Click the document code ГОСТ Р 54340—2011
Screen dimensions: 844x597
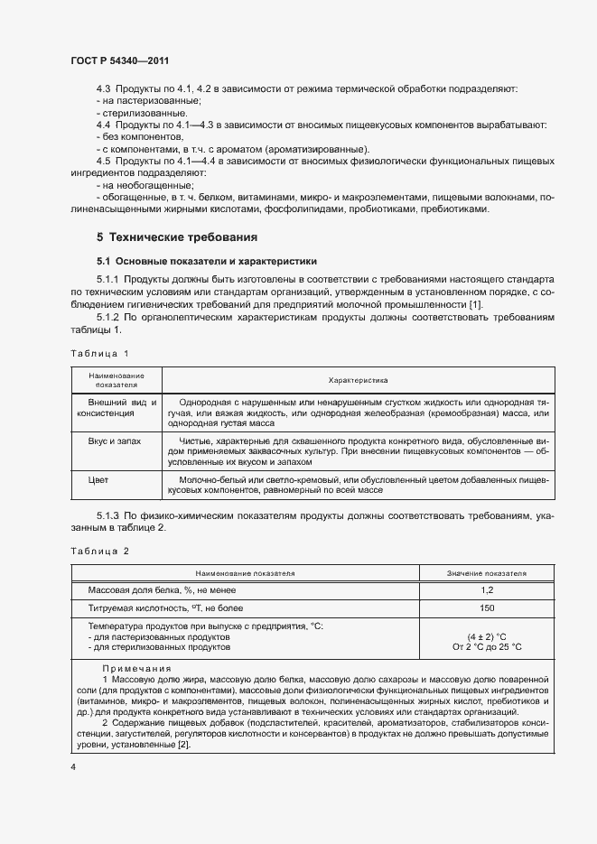tap(119, 60)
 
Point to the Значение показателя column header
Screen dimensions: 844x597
tap(487, 573)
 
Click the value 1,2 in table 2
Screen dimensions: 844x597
tap(487, 589)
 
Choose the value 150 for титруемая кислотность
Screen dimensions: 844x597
tap(487, 607)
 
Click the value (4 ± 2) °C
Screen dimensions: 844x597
tap(487, 635)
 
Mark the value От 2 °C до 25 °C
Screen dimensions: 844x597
tap(487, 646)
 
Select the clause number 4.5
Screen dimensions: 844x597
tap(105, 161)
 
